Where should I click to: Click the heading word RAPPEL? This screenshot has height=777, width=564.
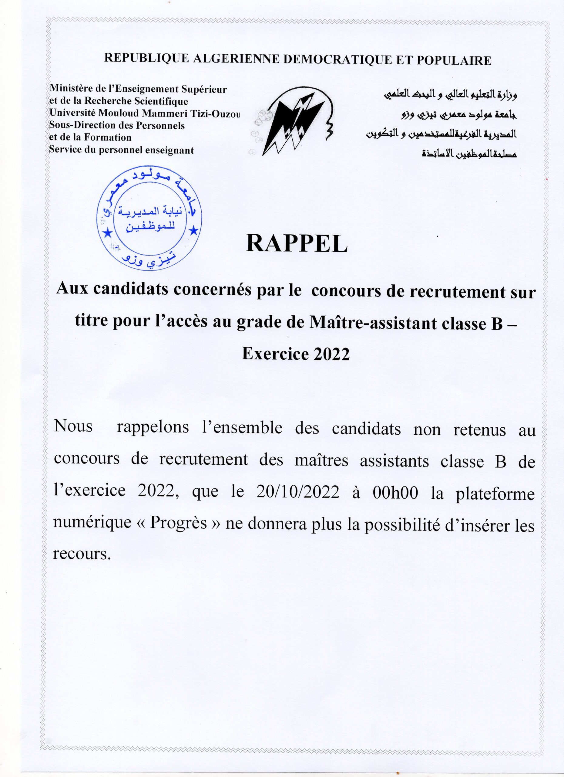coord(296,244)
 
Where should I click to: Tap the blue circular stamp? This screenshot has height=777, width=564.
coord(149,220)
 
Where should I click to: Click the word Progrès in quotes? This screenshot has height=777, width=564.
coord(178,524)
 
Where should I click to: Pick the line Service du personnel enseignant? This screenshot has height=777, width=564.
coord(122,150)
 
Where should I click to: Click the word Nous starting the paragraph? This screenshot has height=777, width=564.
coord(73,427)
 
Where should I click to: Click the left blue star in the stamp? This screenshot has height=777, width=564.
coord(108,233)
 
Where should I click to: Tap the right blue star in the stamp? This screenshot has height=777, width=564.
coord(193,231)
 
